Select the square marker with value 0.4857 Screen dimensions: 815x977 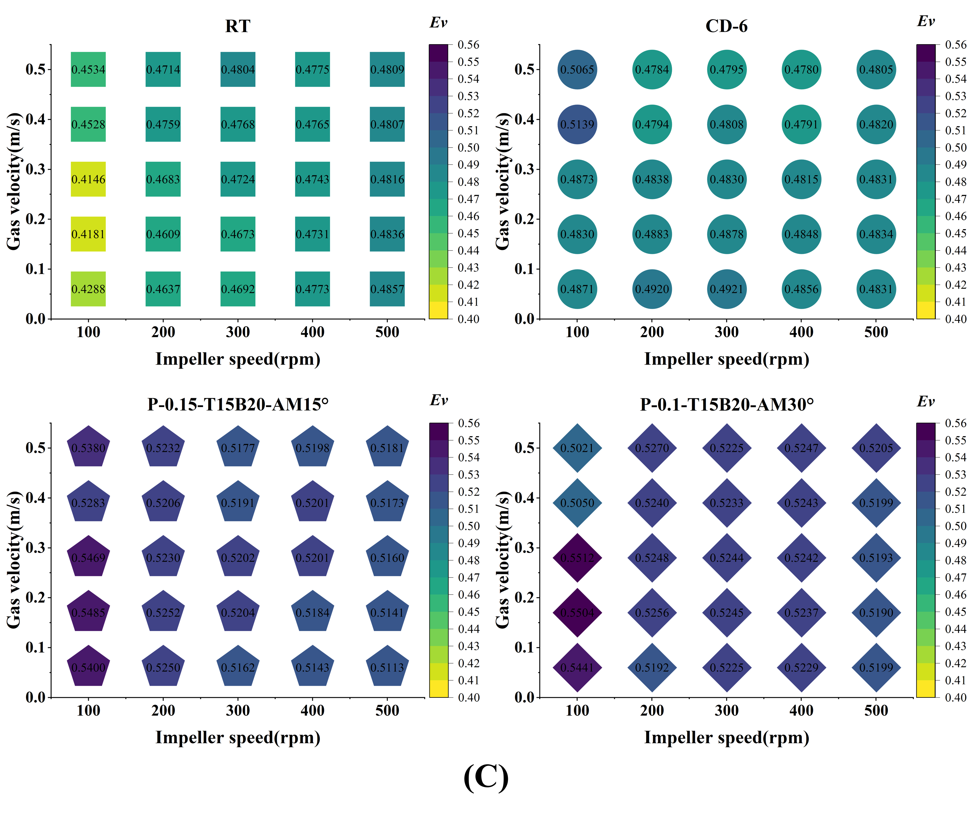[387, 289]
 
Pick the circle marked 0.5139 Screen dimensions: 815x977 [577, 124]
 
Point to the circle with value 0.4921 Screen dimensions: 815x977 [727, 289]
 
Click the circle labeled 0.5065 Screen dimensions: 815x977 [577, 69]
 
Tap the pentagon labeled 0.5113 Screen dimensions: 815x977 [387, 667]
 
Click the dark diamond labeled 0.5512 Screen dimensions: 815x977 [577, 557]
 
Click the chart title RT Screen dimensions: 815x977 [238, 26]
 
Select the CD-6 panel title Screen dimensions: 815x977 [726, 26]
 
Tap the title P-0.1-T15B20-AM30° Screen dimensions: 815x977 [727, 404]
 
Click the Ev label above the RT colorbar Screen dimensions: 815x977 [438, 22]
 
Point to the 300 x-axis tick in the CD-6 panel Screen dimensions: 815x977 [727, 332]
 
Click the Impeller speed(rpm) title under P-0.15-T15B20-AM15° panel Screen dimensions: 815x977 [238, 737]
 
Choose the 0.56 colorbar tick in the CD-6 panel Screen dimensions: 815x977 [955, 45]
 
